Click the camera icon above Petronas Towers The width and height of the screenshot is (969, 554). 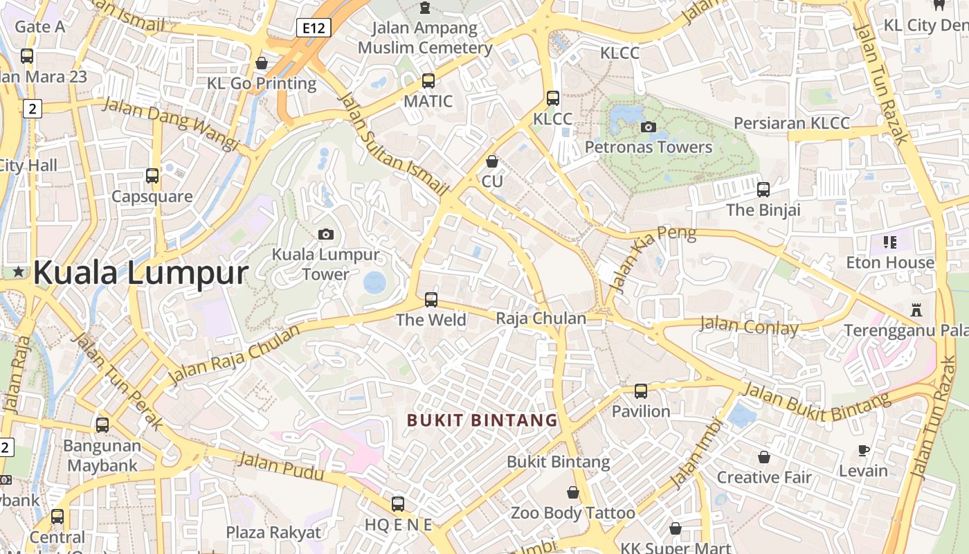point(649,127)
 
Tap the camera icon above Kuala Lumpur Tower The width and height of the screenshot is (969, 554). point(326,234)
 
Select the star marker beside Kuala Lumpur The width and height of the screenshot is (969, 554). point(19,273)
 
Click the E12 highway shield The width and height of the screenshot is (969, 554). point(314,28)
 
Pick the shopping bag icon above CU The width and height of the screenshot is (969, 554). point(492,161)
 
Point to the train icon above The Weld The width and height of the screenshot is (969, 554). point(431,300)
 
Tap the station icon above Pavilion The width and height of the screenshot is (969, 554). point(641,391)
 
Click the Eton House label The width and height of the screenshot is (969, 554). point(890,262)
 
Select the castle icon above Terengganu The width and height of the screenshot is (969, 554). point(916,310)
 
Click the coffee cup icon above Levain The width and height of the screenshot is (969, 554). point(863,451)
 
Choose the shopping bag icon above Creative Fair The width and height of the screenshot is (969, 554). point(764,457)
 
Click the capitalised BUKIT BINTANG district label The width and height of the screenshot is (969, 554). point(482,420)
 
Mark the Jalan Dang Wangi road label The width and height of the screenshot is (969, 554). point(170,123)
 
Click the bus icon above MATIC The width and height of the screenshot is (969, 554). point(428,81)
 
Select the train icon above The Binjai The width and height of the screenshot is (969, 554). point(763,190)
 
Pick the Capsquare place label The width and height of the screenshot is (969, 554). point(152,197)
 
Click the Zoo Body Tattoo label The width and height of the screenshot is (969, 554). point(573,513)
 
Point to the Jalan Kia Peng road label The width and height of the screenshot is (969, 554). point(655,257)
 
